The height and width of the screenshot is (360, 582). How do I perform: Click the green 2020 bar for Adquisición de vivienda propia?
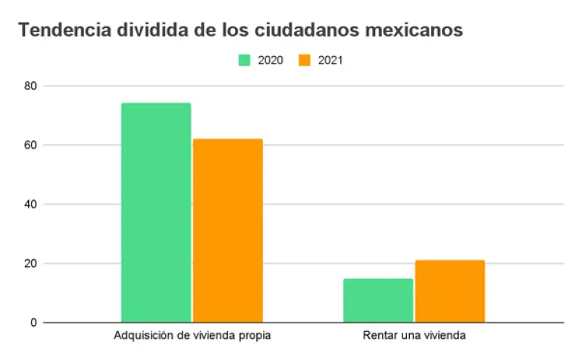[156, 213]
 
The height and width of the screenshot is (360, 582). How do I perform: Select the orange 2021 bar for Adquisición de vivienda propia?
[227, 231]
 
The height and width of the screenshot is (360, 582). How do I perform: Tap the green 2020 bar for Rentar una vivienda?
[378, 301]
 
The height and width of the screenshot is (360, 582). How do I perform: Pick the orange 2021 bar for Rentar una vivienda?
[449, 292]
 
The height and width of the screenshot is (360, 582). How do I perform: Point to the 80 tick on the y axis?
[30, 86]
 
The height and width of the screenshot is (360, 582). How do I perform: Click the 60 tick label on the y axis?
[30, 145]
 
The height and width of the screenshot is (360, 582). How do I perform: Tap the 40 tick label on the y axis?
[30, 205]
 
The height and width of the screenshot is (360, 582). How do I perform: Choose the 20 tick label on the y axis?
[30, 264]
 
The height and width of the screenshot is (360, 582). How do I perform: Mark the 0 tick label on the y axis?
[33, 323]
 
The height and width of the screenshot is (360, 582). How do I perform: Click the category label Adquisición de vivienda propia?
[192, 335]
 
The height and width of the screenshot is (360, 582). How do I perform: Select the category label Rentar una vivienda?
[414, 335]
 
